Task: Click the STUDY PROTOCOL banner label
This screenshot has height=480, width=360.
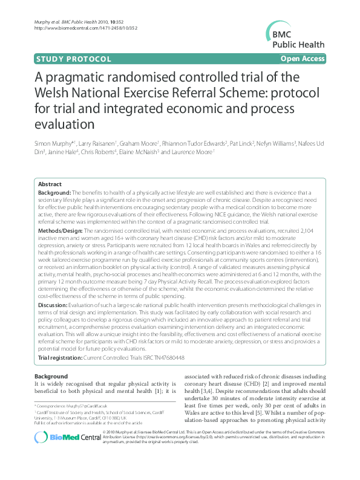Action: (74, 59)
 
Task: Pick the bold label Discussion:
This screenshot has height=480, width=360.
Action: (54, 305)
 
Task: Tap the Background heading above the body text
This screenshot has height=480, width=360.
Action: (51, 376)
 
